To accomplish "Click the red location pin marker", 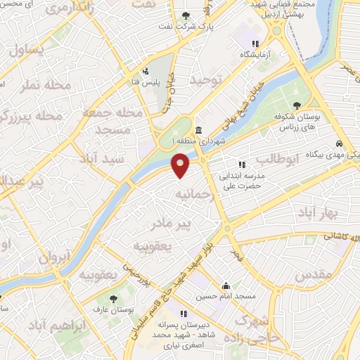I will (x=181, y=165).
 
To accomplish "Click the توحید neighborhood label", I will (x=205, y=81).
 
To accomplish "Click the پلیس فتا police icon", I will (x=146, y=71).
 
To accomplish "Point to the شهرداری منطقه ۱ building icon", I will (x=199, y=131).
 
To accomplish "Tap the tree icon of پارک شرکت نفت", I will (x=186, y=16).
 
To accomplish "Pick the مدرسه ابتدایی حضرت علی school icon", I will (x=243, y=165).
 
